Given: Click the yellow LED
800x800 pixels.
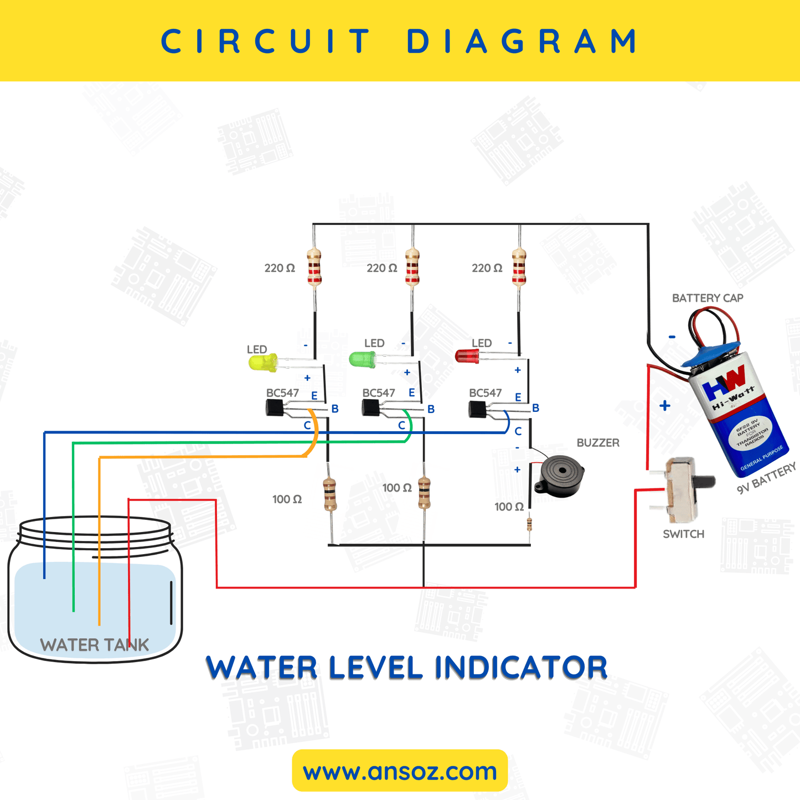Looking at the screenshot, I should click(263, 363).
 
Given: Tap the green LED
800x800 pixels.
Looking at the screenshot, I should click(363, 359).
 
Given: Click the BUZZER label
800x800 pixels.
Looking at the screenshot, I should click(598, 443).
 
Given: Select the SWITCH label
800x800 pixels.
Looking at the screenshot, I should click(684, 534).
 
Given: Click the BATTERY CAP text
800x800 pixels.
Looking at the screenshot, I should click(708, 298).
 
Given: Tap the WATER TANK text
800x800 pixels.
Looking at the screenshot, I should click(95, 645).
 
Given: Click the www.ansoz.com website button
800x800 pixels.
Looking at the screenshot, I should click(400, 771).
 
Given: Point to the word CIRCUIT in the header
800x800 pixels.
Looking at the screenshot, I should click(266, 42).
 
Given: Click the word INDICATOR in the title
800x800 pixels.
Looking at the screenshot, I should click(520, 668).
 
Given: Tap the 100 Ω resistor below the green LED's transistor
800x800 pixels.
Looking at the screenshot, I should click(424, 493).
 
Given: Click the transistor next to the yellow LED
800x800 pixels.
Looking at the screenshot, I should click(275, 409).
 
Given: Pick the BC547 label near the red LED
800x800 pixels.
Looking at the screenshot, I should click(485, 393).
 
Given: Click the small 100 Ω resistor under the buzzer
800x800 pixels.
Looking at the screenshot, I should click(529, 524).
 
